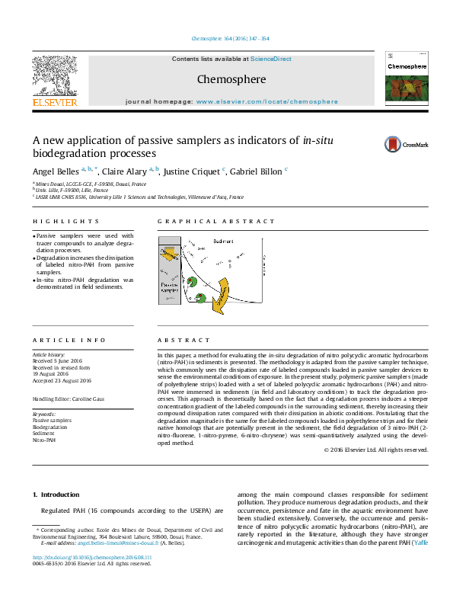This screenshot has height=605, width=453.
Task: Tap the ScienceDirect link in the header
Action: click(271, 59)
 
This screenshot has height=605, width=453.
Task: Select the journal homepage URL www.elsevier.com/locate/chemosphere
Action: click(266, 101)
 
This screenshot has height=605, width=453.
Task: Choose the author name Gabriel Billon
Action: click(255, 171)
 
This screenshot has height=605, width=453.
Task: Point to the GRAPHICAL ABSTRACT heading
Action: click(216, 222)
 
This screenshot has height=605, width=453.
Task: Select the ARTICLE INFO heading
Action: click(69, 341)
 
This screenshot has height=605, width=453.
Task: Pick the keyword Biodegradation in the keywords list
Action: click(49, 427)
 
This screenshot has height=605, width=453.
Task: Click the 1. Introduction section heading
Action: click(54, 495)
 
